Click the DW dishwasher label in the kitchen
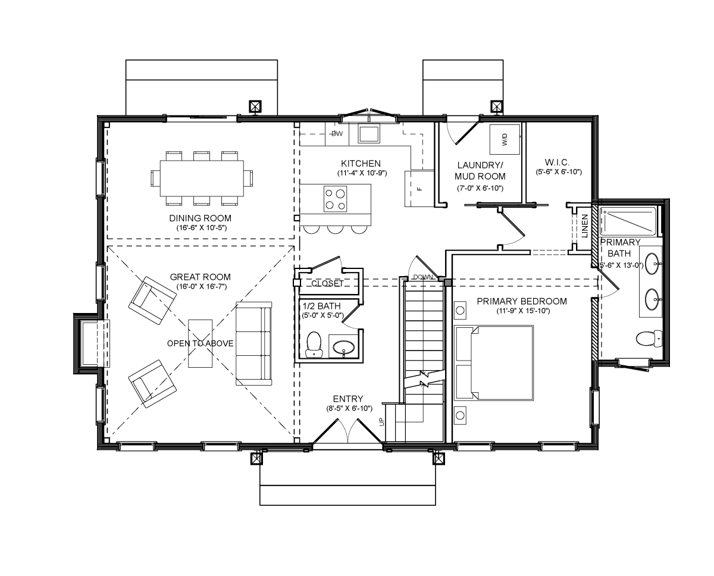(337, 134)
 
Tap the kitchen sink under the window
(369, 134)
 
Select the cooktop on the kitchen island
(335, 199)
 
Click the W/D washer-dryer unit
(505, 139)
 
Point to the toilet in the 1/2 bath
(314, 345)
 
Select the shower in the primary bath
(629, 221)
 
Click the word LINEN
(585, 226)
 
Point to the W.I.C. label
(557, 162)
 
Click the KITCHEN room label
(361, 163)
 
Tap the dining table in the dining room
(202, 178)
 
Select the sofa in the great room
(254, 343)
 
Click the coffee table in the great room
(201, 343)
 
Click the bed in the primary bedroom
(494, 362)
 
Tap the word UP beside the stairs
(381, 421)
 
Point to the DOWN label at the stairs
(423, 277)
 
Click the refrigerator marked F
(419, 189)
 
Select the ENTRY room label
(348, 399)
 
